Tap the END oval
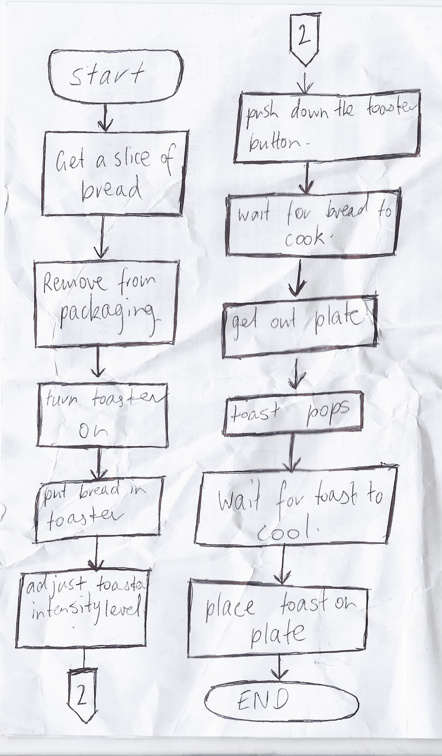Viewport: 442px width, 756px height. click(x=282, y=700)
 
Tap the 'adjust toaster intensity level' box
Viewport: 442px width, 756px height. click(x=83, y=608)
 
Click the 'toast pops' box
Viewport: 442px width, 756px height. click(x=293, y=413)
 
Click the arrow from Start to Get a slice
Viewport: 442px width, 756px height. click(x=106, y=117)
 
